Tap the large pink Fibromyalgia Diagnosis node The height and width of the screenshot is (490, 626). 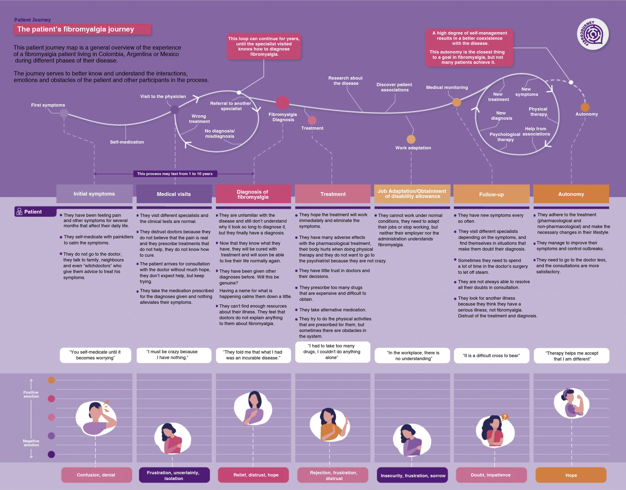pyautogui.click(x=282, y=102)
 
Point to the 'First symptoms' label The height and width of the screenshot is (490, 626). pyautogui.click(x=48, y=105)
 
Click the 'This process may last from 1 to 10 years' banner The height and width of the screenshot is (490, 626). pyautogui.click(x=175, y=174)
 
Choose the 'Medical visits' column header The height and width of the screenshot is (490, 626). pyautogui.click(x=174, y=194)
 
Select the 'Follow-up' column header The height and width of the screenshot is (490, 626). pyautogui.click(x=491, y=194)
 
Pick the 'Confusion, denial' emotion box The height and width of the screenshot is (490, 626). pyautogui.click(x=96, y=475)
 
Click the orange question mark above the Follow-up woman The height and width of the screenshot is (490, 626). pyautogui.click(x=504, y=417)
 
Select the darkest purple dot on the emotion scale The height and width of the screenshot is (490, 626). pyautogui.click(x=51, y=454)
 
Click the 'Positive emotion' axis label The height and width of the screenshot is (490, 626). pyautogui.click(x=31, y=394)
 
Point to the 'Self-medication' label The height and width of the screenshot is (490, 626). pyautogui.click(x=127, y=142)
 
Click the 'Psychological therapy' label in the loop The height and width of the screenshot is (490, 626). pyautogui.click(x=505, y=137)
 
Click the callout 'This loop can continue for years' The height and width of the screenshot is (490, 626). pyautogui.click(x=264, y=46)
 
